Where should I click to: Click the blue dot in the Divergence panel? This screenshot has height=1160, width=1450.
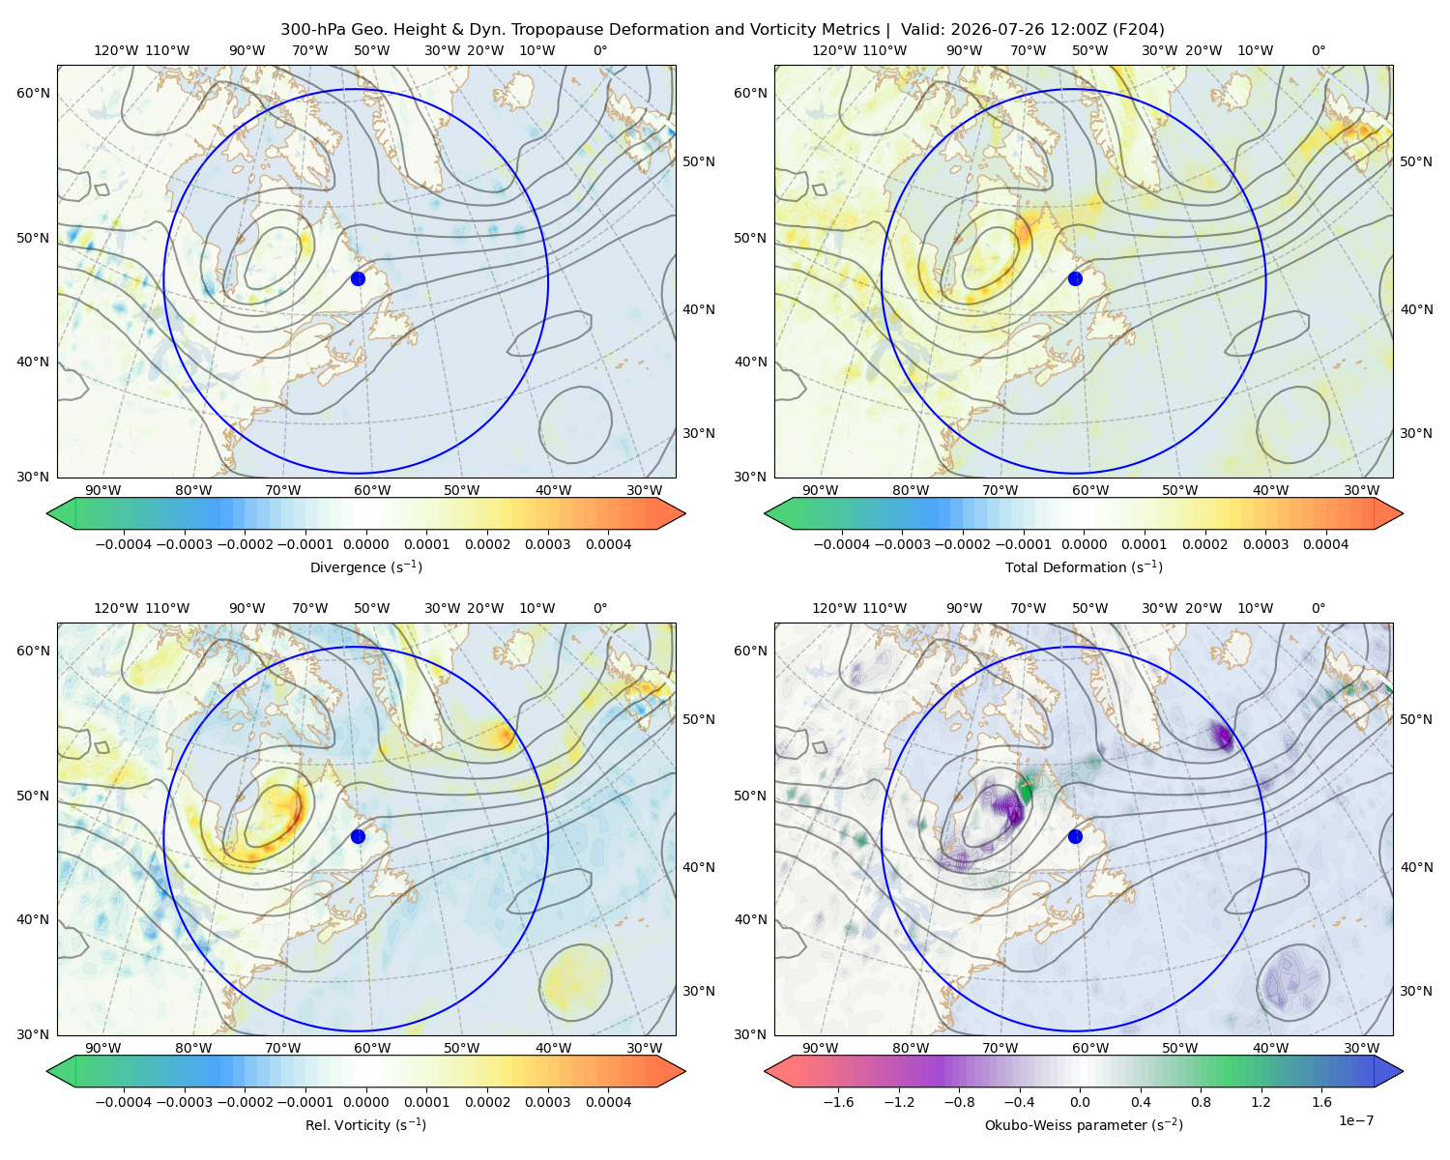coord(358,278)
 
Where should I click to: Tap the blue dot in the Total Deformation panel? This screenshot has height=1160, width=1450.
coord(1075,278)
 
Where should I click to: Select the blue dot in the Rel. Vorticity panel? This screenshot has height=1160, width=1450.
coord(358,836)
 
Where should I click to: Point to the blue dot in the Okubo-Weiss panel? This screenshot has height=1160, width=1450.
coord(1075,836)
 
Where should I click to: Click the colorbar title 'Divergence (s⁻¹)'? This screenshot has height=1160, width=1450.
coord(365,566)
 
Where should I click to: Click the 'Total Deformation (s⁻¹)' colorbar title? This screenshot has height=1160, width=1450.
coord(1084,566)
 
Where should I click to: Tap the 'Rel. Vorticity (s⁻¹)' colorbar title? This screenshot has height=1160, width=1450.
coord(365,1125)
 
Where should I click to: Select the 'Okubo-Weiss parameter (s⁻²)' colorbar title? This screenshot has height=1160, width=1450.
coord(1084,1125)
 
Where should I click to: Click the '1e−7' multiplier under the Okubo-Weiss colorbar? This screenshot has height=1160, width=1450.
coord(1355,1120)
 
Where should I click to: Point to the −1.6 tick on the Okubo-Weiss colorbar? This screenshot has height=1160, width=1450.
coord(838,1102)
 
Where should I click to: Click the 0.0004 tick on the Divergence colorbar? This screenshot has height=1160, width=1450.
coord(608,544)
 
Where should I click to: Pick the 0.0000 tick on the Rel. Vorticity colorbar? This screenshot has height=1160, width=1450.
coord(365,1102)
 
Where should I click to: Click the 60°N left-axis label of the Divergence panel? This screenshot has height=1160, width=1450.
coord(33,93)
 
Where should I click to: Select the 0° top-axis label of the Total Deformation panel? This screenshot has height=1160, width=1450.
coord(1319,50)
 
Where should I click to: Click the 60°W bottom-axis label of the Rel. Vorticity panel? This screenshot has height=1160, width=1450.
coord(372,1048)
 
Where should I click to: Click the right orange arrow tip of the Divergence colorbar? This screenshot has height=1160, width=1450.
coord(684,513)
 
